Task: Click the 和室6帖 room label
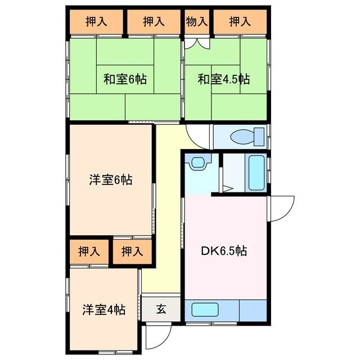click(x=124, y=79)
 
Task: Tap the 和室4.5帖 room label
click(x=223, y=79)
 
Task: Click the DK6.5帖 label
click(x=224, y=250)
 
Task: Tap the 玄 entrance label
click(x=161, y=309)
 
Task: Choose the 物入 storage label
click(x=196, y=22)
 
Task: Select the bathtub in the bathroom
click(x=256, y=173)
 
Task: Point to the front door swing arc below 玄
click(x=155, y=336)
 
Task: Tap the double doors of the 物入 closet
click(x=196, y=42)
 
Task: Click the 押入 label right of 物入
click(x=240, y=22)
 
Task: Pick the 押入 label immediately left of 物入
click(x=153, y=22)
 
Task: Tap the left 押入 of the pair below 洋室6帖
click(x=88, y=251)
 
